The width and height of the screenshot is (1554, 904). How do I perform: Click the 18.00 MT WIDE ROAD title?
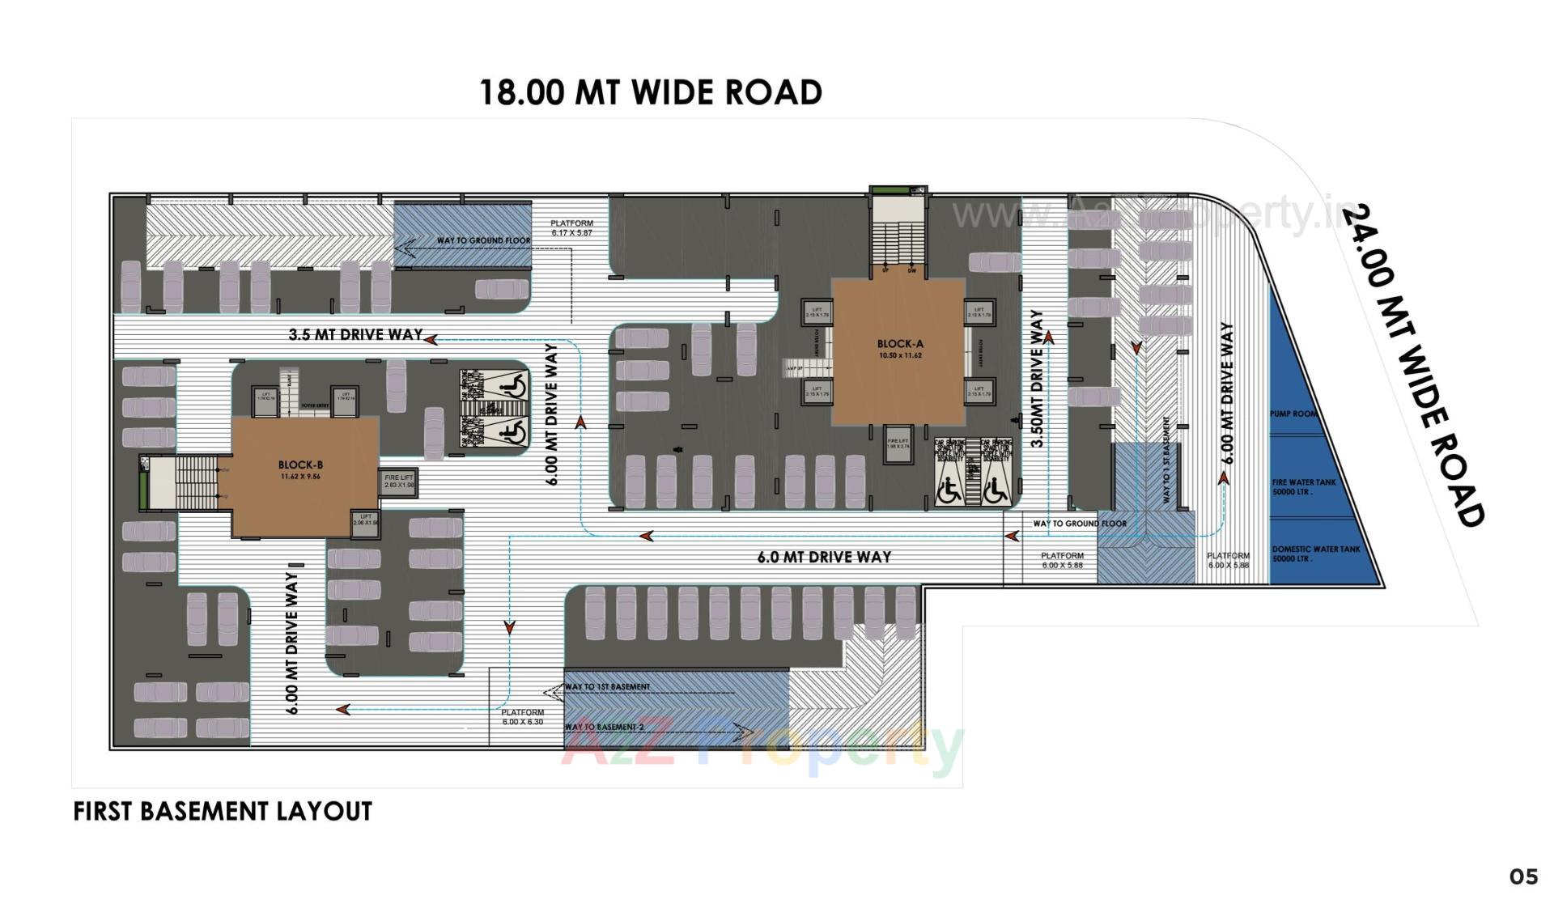650,92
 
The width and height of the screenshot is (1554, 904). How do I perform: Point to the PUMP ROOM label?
1293,414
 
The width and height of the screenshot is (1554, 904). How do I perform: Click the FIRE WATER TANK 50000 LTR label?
1303,486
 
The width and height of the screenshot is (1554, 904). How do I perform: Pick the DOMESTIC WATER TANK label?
1315,554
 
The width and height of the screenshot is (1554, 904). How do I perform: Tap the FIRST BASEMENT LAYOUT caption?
223,811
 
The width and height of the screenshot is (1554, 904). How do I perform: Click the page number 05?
1522,876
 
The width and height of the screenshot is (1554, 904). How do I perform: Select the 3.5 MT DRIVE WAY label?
355,334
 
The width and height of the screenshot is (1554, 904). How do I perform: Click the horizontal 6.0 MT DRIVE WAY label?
824,557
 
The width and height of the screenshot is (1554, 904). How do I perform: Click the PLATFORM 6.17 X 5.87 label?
571,227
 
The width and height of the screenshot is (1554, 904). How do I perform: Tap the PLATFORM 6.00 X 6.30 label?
522,717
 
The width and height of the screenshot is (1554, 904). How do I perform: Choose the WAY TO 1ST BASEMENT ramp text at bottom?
607,686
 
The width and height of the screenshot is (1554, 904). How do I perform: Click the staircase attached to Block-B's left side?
194,483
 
